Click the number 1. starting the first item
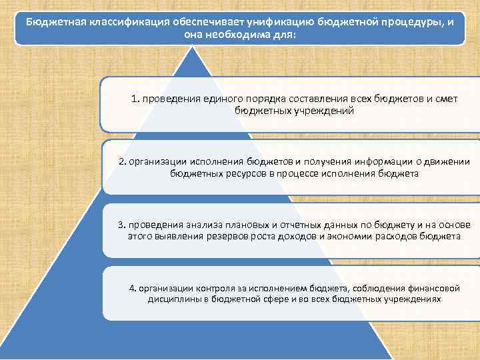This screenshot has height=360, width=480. coord(135,99)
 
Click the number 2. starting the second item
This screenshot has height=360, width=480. coord(122,161)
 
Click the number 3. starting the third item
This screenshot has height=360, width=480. coord(121,224)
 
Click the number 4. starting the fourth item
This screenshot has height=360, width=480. coord(133,287)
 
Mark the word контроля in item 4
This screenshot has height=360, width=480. coord(217,287)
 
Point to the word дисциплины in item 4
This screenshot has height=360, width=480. coord(175,299)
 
